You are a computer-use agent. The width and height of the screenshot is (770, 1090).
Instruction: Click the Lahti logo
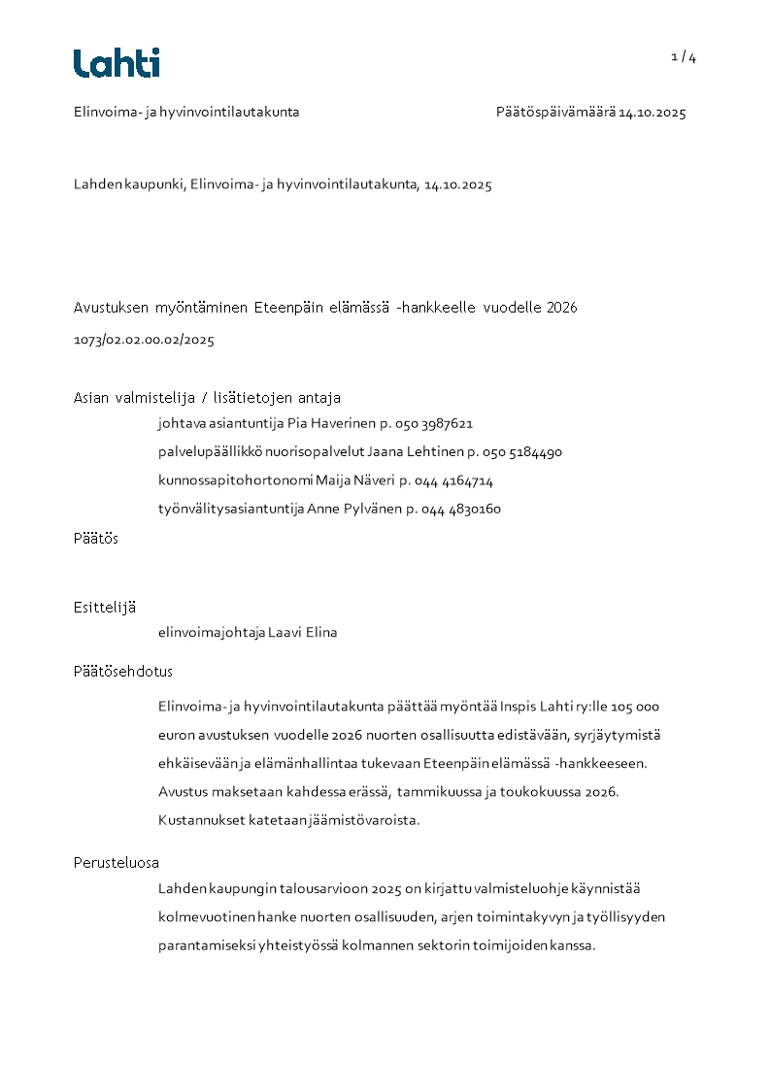pyautogui.click(x=117, y=63)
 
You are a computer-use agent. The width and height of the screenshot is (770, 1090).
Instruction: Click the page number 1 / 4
pyautogui.click(x=684, y=57)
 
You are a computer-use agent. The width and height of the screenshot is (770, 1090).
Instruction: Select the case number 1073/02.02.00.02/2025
pyautogui.click(x=144, y=341)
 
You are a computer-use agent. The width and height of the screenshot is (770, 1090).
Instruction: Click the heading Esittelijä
pyautogui.click(x=105, y=608)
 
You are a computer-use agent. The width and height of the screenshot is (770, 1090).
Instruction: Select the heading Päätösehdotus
pyautogui.click(x=122, y=672)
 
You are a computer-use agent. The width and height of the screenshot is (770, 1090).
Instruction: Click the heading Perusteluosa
pyautogui.click(x=117, y=862)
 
